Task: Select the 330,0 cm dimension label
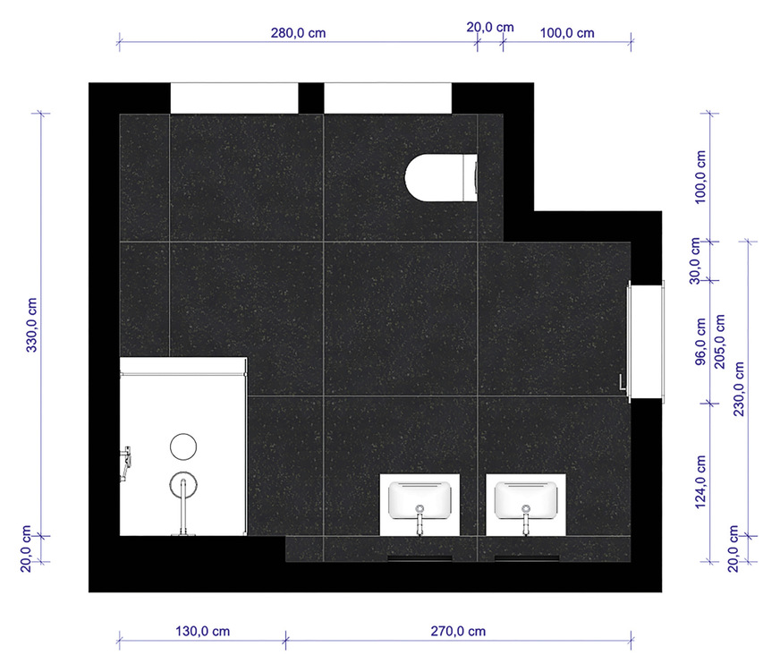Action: pyautogui.click(x=33, y=323)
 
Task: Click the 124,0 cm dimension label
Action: pyautogui.click(x=701, y=482)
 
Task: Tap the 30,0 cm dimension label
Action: pyautogui.click(x=701, y=260)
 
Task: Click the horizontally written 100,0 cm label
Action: pyautogui.click(x=567, y=32)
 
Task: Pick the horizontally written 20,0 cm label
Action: pyautogui.click(x=490, y=27)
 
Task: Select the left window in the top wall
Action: pyautogui.click(x=233, y=98)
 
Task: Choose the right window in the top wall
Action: pyautogui.click(x=387, y=98)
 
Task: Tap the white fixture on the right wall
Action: pyautogui.click(x=646, y=340)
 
